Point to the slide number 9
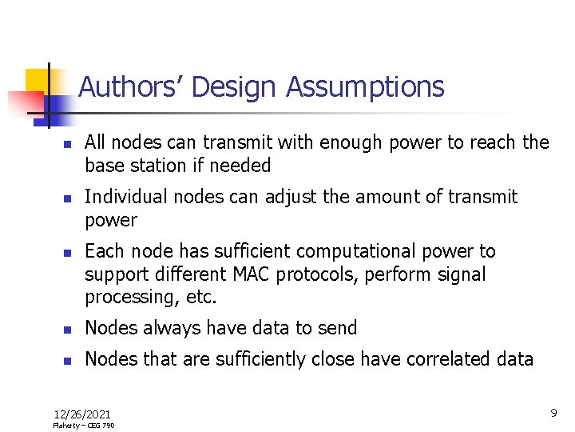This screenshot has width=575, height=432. click(x=553, y=413)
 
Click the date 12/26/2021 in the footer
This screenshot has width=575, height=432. click(x=82, y=414)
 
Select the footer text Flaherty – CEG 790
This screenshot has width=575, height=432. click(x=84, y=426)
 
